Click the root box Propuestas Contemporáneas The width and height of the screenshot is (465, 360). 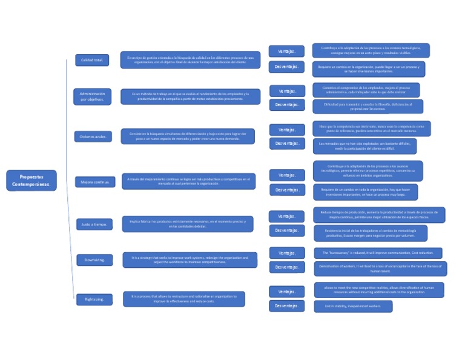coord(31,180)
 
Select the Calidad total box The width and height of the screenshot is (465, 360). coord(92,60)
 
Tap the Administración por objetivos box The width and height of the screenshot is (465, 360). coord(92,96)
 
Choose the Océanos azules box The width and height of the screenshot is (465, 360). coord(93,136)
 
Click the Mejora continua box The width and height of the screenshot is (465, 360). coord(94,182)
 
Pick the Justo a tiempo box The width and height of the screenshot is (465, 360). coord(94,224)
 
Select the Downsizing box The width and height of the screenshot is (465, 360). coord(94,260)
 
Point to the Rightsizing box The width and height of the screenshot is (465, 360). coord(94,299)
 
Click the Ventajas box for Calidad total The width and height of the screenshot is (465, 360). coord(286,51)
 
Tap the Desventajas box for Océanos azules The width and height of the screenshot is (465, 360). coord(287,144)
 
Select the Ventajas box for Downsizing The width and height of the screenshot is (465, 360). coord(287,253)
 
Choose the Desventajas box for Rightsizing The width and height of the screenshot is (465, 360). coord(286,306)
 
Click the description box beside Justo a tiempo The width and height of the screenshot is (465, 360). coord(188,224)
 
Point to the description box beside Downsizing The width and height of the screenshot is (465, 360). coord(190,260)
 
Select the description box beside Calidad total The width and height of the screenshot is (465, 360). coord(190,60)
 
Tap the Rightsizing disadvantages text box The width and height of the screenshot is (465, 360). coord(353,306)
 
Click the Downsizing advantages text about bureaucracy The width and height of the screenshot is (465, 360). coord(378,253)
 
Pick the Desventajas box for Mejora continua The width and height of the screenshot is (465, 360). coord(287,190)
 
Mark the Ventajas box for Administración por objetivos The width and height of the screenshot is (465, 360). coord(287,91)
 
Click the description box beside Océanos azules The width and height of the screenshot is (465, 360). coord(188,136)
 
